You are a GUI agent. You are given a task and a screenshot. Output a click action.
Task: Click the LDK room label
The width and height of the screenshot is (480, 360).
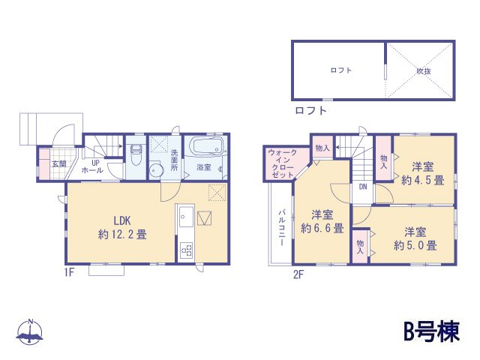point(123,220)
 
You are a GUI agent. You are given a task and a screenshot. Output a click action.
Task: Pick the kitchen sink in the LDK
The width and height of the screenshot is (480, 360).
point(185,223)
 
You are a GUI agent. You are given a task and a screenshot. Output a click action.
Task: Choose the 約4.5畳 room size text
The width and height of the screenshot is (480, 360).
point(422,180)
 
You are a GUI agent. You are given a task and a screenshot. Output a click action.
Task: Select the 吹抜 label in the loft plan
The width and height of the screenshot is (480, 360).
point(423,71)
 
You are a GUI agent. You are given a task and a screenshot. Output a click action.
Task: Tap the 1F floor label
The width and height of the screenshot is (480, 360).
point(68,273)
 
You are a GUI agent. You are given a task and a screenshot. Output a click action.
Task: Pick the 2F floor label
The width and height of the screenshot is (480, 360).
point(298,274)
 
